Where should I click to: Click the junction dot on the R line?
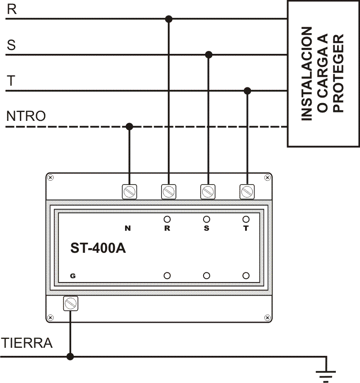point(169,19)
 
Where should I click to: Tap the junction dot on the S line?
point(208,55)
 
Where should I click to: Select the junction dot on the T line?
point(248,91)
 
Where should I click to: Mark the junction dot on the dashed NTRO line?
point(130,126)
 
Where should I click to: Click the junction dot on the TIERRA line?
point(70,357)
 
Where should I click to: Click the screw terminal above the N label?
point(129,192)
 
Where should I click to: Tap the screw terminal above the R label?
point(169,192)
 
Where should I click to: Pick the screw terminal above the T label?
point(247,192)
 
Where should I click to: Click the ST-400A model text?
point(98,248)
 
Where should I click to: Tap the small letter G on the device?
point(73,276)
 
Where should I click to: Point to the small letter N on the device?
point(127,229)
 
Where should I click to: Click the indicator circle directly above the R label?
point(167,219)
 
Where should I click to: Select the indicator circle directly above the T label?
point(246,219)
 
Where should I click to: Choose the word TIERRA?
point(27,343)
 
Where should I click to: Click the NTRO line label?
point(26,116)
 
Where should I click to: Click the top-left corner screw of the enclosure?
point(50,177)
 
